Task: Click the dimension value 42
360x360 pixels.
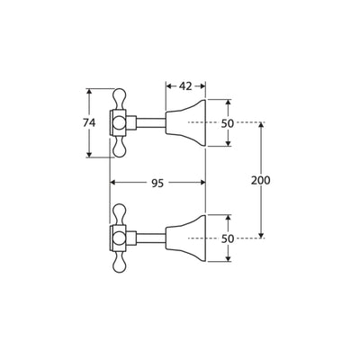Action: [x=185, y=86]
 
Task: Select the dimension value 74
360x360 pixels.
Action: [x=89, y=122]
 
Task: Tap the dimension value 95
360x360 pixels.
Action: [x=157, y=183]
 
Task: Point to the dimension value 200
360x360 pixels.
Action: [x=261, y=180]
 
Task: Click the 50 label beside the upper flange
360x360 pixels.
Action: [x=228, y=123]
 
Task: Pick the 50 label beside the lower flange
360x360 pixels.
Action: [x=228, y=238]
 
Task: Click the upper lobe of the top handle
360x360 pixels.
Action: [x=119, y=98]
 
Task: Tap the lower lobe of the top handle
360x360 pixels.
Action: [x=119, y=147]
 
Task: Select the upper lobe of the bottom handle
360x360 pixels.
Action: [x=119, y=214]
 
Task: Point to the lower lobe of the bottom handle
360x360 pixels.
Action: [x=119, y=263]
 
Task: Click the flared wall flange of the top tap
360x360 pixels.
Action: [x=185, y=122]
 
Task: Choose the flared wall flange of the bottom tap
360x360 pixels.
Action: [x=185, y=238]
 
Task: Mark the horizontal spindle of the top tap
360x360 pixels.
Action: [x=151, y=122]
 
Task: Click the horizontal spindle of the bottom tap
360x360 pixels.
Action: [x=151, y=238]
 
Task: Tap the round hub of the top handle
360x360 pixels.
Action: [x=119, y=123]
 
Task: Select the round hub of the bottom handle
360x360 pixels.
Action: [x=119, y=238]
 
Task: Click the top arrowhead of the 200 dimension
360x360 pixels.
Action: [x=261, y=125]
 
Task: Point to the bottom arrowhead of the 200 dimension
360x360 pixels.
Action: [x=261, y=235]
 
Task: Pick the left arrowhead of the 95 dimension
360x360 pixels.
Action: [x=113, y=183]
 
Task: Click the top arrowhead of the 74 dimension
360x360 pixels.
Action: [x=89, y=92]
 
